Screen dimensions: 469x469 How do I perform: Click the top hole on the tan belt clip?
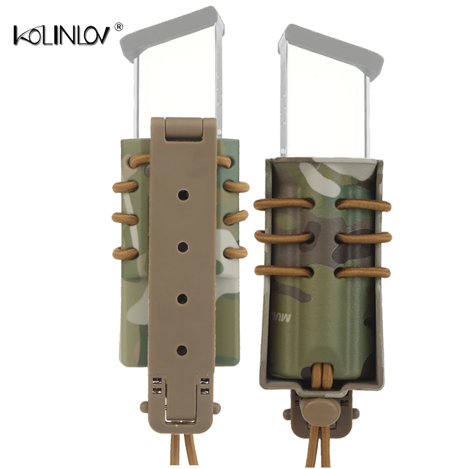(x=183, y=193)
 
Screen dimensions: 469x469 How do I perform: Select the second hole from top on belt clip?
(x=183, y=245)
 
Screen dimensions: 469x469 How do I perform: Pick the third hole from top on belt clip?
(x=183, y=297)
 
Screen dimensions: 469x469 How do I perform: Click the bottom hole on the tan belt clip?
(x=183, y=349)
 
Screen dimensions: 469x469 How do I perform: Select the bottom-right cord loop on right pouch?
(x=363, y=271)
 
